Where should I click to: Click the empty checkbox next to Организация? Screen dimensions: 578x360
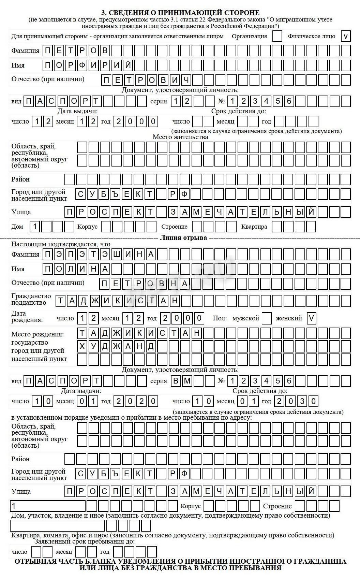point(277,36)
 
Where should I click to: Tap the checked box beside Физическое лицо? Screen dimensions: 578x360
point(346,36)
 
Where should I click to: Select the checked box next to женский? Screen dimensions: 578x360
point(311,318)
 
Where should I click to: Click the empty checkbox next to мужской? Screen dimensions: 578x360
point(267,318)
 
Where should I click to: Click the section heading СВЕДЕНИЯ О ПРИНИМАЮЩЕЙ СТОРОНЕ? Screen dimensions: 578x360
point(180,13)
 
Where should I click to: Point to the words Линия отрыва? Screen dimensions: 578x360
point(183,237)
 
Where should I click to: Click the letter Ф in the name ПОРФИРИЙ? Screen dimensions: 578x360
point(82,65)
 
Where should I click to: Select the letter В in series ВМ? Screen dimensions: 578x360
point(176,381)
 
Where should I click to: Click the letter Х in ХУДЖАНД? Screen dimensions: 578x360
point(82,346)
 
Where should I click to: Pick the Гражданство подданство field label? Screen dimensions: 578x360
point(31,299)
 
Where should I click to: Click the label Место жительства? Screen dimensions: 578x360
point(180,137)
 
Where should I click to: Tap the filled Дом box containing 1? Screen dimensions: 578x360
point(35,226)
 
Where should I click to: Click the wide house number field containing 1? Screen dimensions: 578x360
point(48,506)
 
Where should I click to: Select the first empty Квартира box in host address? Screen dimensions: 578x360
point(277,226)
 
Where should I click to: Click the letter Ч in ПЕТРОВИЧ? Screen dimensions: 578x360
point(186,80)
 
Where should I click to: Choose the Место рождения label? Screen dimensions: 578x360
point(37,334)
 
